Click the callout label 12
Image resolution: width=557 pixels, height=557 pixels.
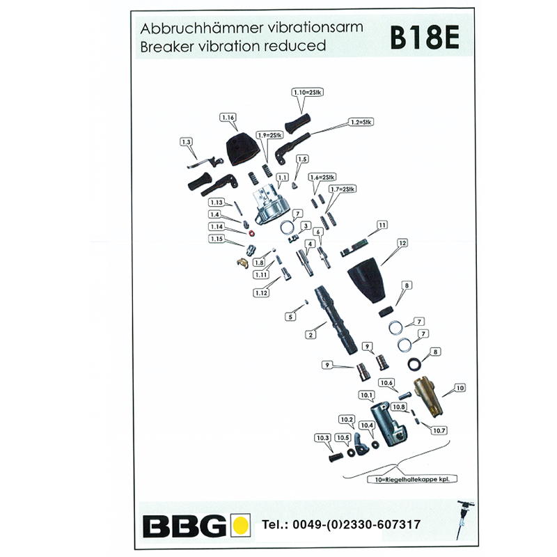point(402,243)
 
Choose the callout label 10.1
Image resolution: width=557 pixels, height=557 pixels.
point(366,395)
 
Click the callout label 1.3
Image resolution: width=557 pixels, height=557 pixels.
point(186,141)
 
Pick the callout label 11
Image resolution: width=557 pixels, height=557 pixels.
point(382,225)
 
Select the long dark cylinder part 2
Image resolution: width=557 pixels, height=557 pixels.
point(337,320)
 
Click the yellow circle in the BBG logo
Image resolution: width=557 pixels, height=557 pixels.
point(240,524)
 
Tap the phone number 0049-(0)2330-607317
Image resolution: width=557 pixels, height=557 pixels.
point(341,524)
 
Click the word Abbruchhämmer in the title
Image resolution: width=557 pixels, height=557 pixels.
point(189,30)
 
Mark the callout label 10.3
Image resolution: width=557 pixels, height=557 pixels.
point(321,437)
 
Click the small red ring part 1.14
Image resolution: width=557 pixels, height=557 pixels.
point(251,233)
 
